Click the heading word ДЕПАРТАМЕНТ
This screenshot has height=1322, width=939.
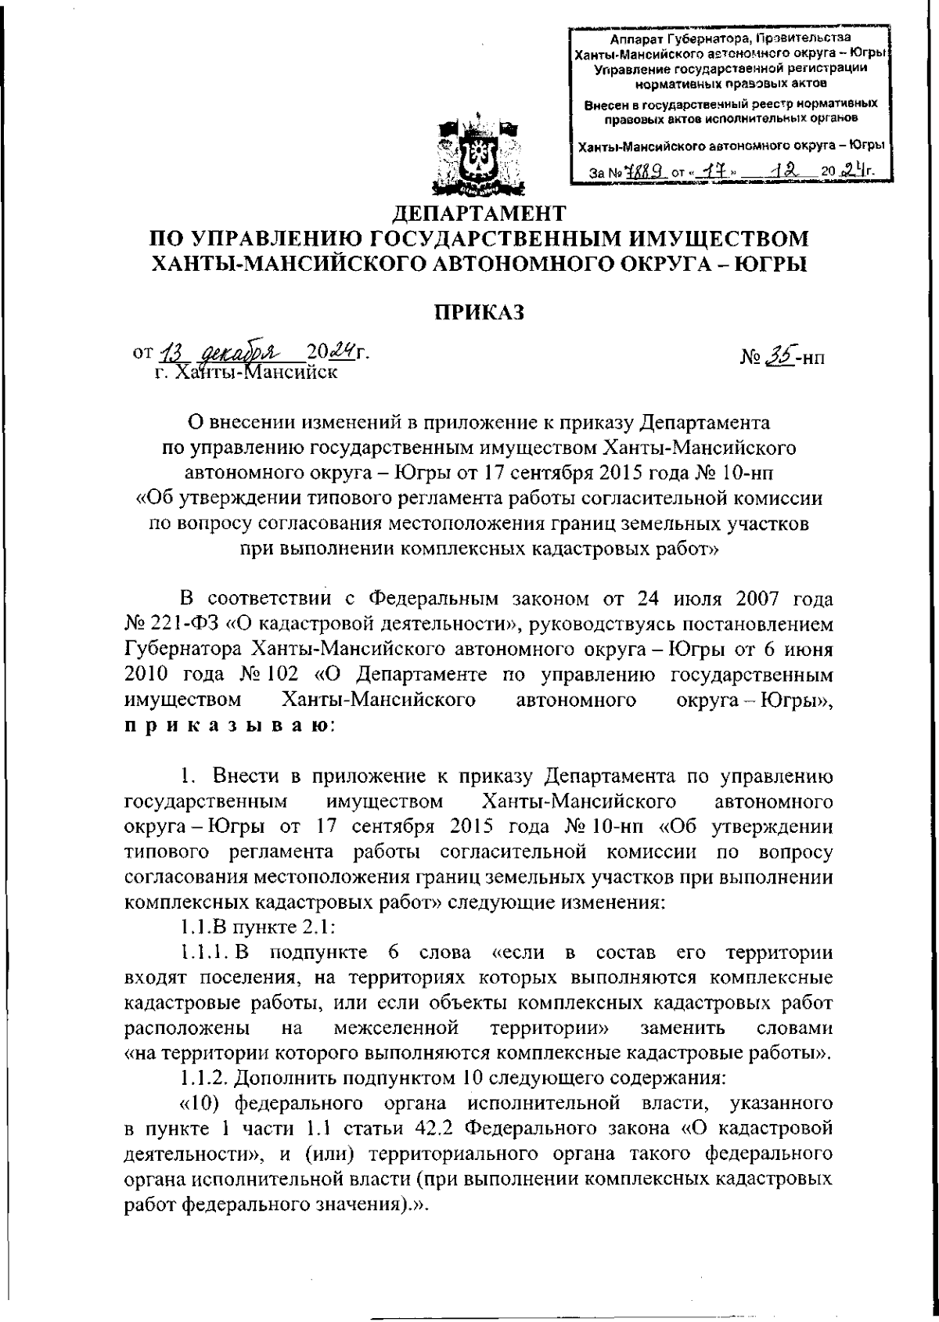477,213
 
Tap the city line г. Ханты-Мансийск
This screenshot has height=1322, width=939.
246,372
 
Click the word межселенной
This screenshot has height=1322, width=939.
394,1028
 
